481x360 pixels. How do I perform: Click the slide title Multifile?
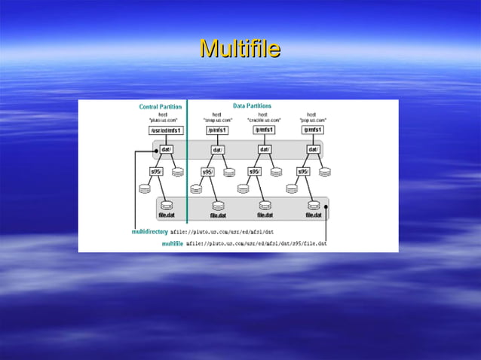coord(240,50)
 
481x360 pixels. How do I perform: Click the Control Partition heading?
coord(160,107)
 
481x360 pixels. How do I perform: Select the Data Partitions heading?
coord(252,106)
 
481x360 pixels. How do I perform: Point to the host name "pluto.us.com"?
coord(162,120)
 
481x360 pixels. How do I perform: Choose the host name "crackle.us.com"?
coord(264,120)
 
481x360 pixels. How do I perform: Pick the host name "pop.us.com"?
coord(313,120)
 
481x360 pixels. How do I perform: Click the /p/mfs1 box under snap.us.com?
coord(216,130)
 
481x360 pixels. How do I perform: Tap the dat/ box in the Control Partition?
coord(167,149)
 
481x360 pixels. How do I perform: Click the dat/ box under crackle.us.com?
coord(265,149)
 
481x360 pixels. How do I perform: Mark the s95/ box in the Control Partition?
coord(158,172)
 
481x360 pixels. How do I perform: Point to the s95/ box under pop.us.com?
coord(304,172)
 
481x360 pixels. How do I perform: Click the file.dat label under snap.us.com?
coord(218,215)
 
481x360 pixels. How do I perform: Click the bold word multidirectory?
coord(150,232)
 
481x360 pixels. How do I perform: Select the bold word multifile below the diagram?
coord(173,244)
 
